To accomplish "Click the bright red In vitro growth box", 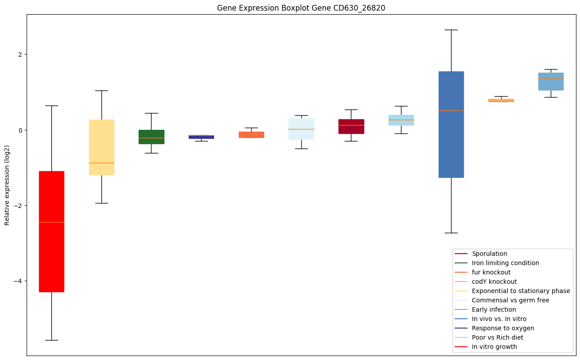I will pos(51,231).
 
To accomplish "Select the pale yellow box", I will pos(101,147).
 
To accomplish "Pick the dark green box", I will pos(152,137).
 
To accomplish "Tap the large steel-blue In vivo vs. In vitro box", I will pos(451,124).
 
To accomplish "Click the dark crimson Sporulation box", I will pos(351,126).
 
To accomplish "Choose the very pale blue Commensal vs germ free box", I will pos(301,129).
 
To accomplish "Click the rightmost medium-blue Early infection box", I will pos(551,82).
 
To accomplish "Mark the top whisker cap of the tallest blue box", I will pos(451,30).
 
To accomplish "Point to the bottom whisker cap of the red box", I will pos(51,340).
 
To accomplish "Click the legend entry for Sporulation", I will pos(489,254).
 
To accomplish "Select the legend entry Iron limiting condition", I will pos(505,263).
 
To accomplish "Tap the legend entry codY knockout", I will pos(494,282).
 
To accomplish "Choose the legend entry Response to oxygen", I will pos(503,328).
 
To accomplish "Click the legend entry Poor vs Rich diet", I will pos(498,337).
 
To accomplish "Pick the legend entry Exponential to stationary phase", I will pos(521,291).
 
